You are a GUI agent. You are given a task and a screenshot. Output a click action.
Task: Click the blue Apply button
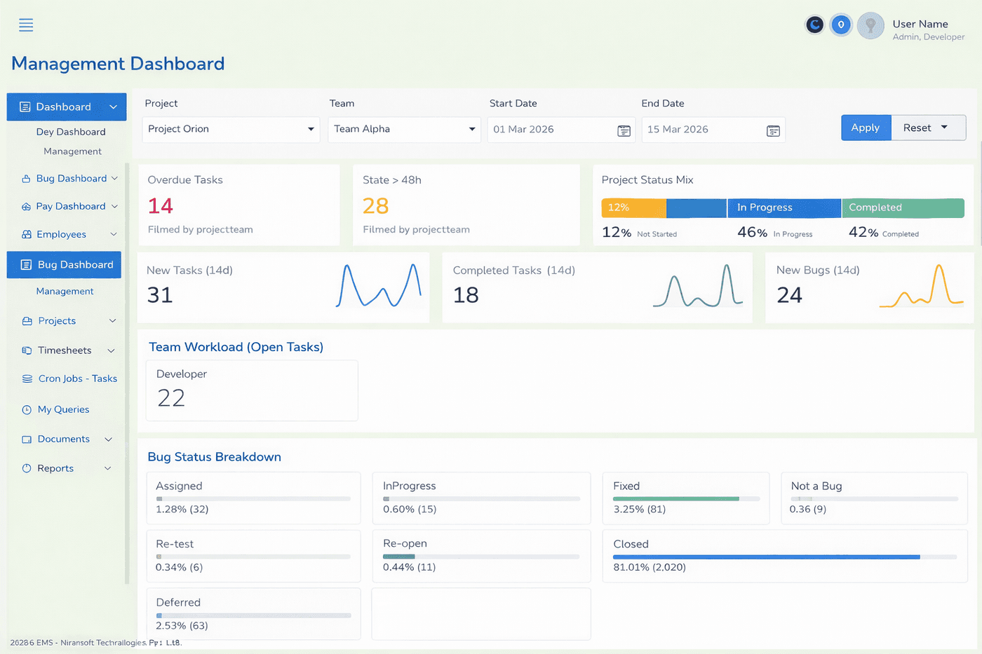866,128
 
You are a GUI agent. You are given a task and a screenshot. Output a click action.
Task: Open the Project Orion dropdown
231,130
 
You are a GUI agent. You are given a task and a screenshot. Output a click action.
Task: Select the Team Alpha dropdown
404,130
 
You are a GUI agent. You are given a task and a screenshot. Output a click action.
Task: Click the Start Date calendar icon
624,131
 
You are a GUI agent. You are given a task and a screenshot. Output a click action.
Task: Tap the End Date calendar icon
773,131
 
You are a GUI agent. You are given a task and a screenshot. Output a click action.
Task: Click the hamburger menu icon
26,25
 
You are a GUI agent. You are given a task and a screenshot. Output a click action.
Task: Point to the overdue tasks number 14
161,206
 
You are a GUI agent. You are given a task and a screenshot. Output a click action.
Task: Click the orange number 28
376,206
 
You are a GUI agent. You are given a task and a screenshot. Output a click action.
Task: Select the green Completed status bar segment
903,208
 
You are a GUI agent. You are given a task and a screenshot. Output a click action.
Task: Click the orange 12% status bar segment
633,208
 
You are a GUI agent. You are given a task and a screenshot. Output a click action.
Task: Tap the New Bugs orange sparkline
921,287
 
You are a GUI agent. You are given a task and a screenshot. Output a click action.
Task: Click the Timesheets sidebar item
65,350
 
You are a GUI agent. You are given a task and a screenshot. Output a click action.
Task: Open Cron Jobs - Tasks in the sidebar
77,379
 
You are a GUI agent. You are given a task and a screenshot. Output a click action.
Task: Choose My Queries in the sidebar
63,409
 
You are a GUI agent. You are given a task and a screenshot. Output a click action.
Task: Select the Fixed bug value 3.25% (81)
639,510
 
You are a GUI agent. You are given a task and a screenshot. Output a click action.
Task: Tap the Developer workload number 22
171,398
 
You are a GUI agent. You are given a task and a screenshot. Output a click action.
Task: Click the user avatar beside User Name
870,26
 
